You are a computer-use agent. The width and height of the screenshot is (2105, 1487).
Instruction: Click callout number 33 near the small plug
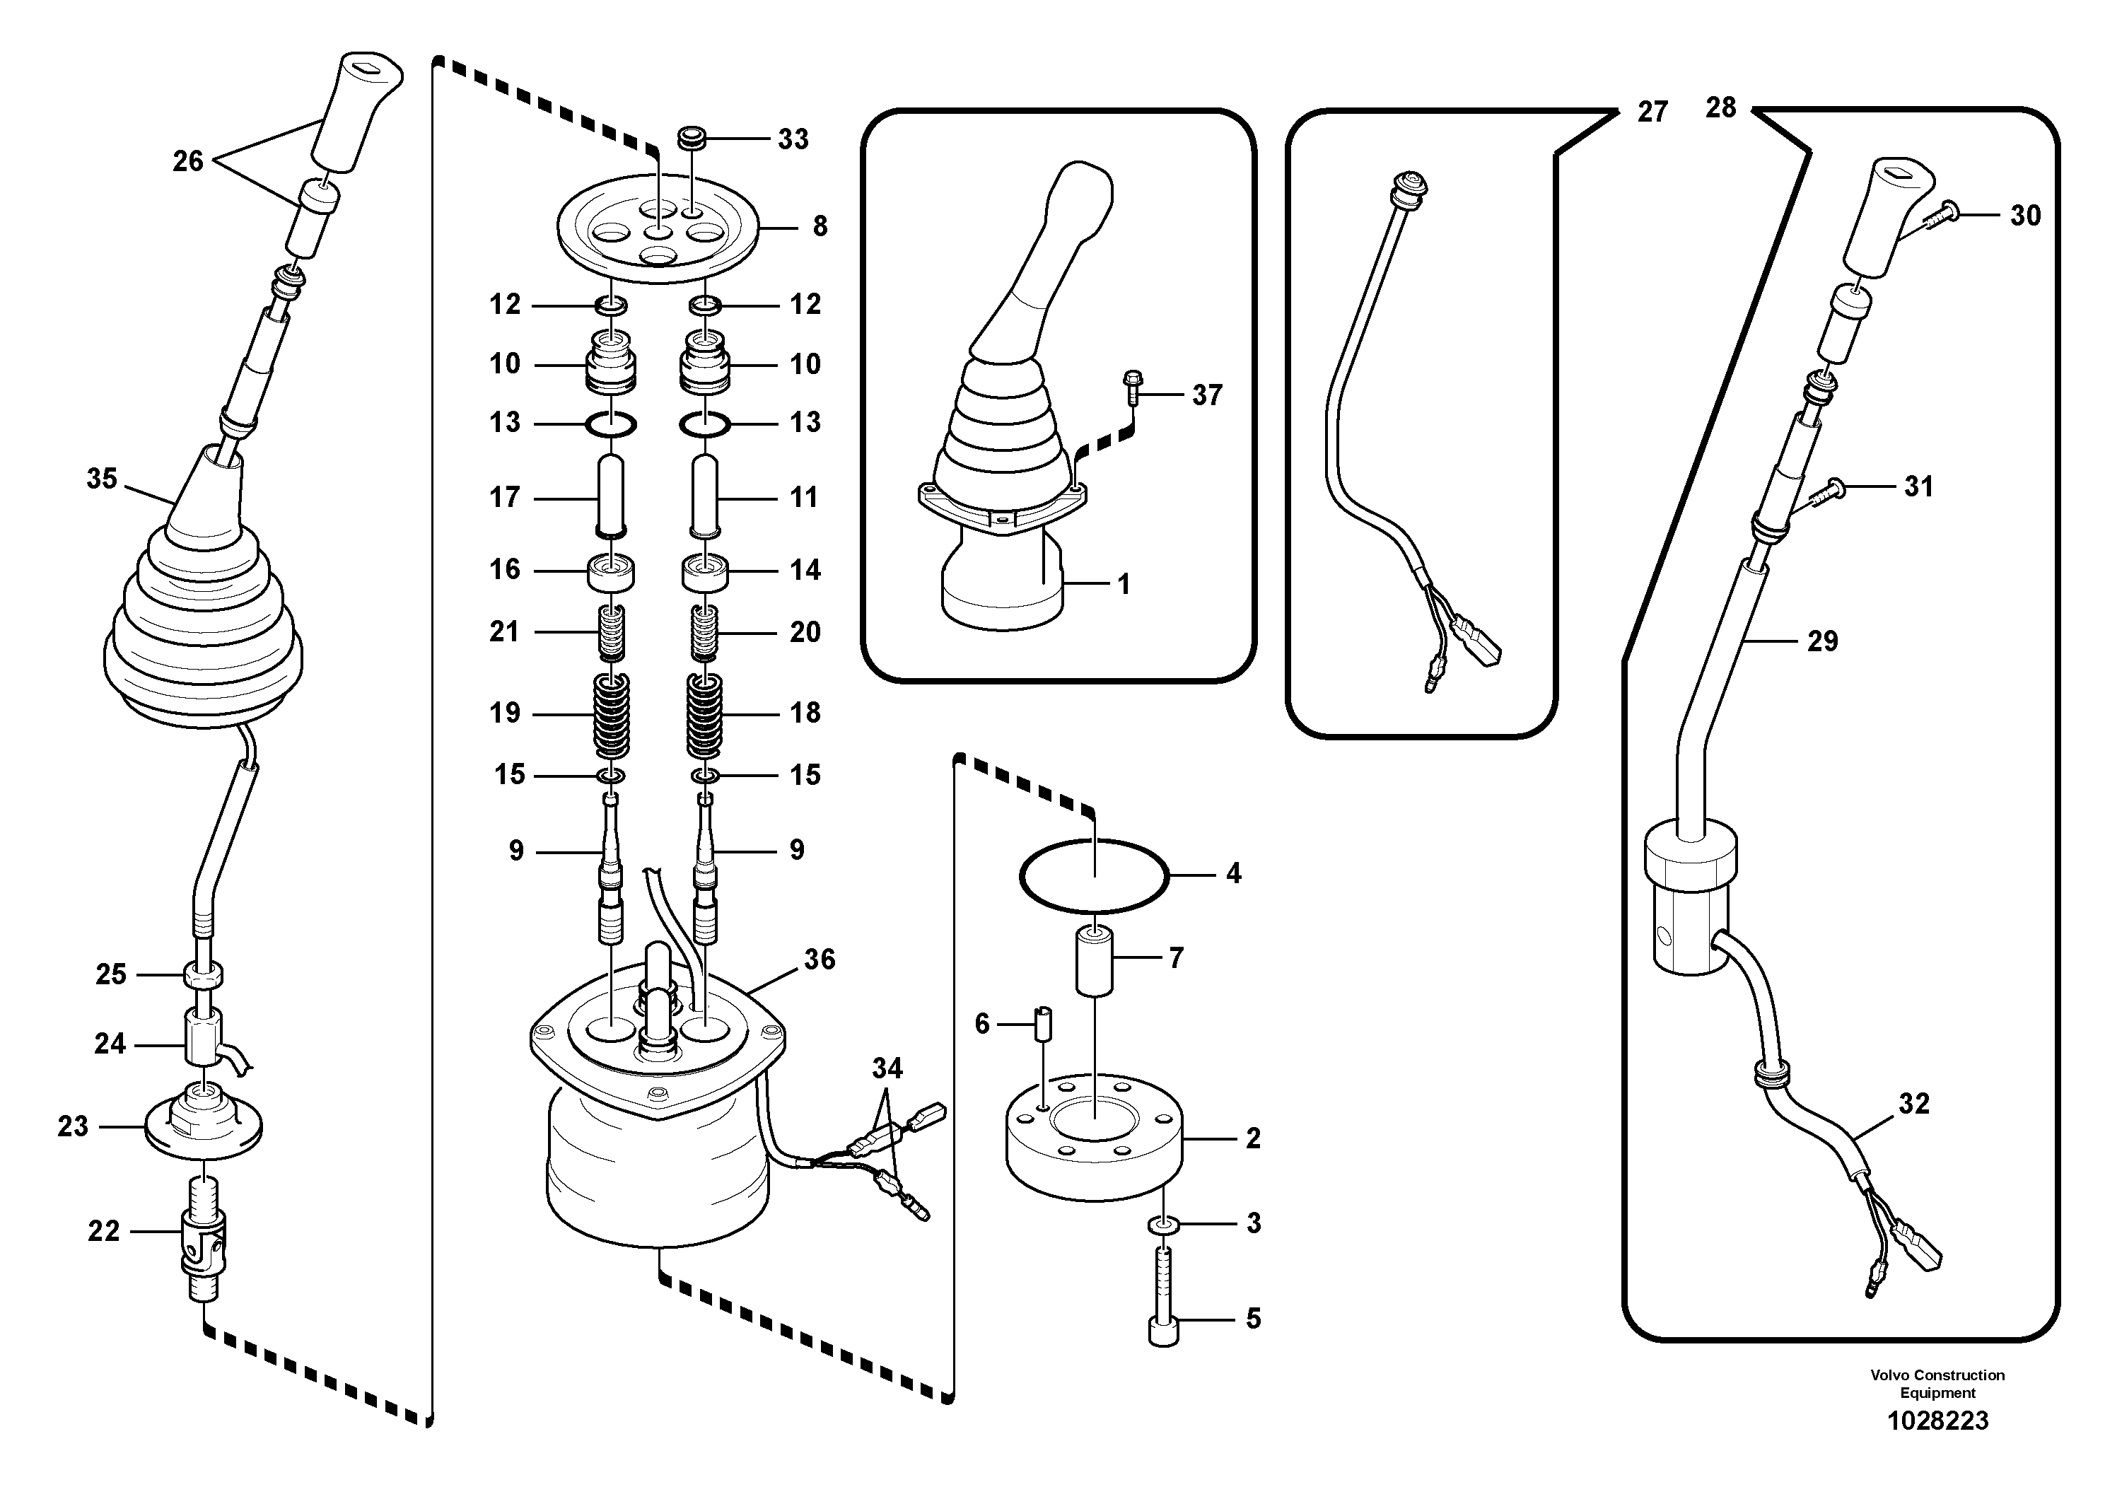(793, 139)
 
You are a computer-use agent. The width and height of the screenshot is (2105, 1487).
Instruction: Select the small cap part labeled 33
(689, 139)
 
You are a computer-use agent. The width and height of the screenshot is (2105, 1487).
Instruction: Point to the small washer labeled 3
(1163, 1225)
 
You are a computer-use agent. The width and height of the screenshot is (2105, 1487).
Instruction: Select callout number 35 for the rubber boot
(102, 479)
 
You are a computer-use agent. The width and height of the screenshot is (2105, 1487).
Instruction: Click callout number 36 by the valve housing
(819, 959)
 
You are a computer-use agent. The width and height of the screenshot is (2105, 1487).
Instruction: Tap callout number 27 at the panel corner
(1652, 112)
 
